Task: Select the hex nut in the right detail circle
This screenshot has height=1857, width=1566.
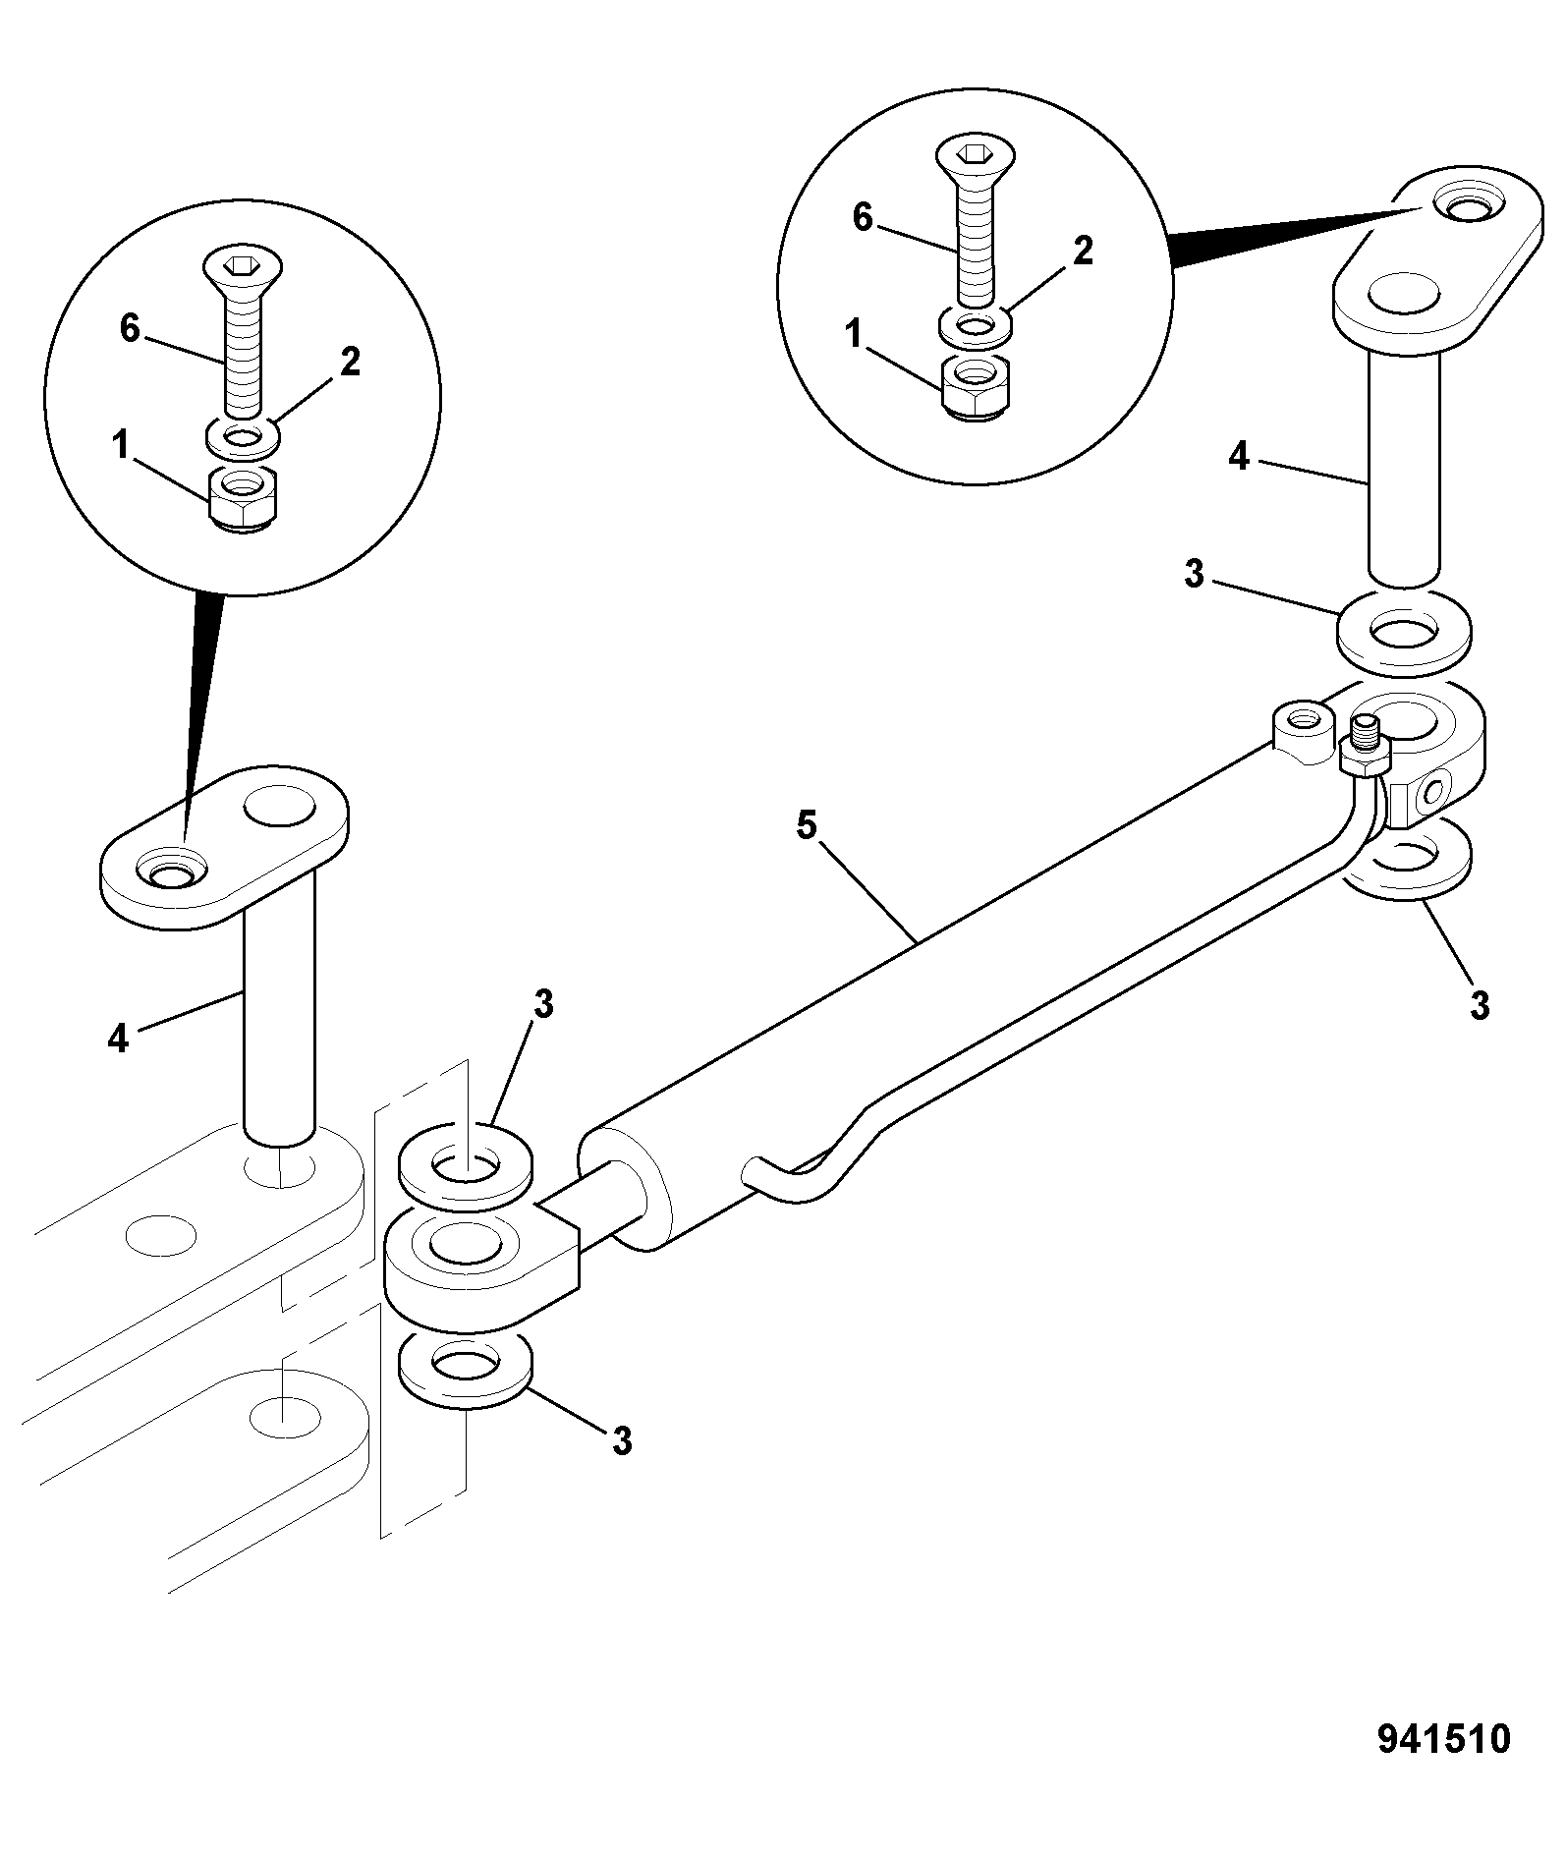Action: (975, 388)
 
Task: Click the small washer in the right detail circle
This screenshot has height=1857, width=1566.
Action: (975, 327)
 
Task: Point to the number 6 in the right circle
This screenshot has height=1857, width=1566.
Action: (862, 217)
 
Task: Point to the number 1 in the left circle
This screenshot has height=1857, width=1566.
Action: (120, 447)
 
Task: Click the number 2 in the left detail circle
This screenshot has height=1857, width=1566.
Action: (350, 362)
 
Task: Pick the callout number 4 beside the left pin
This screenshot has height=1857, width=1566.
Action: (118, 1038)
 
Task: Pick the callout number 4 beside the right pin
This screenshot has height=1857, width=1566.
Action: (1240, 456)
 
